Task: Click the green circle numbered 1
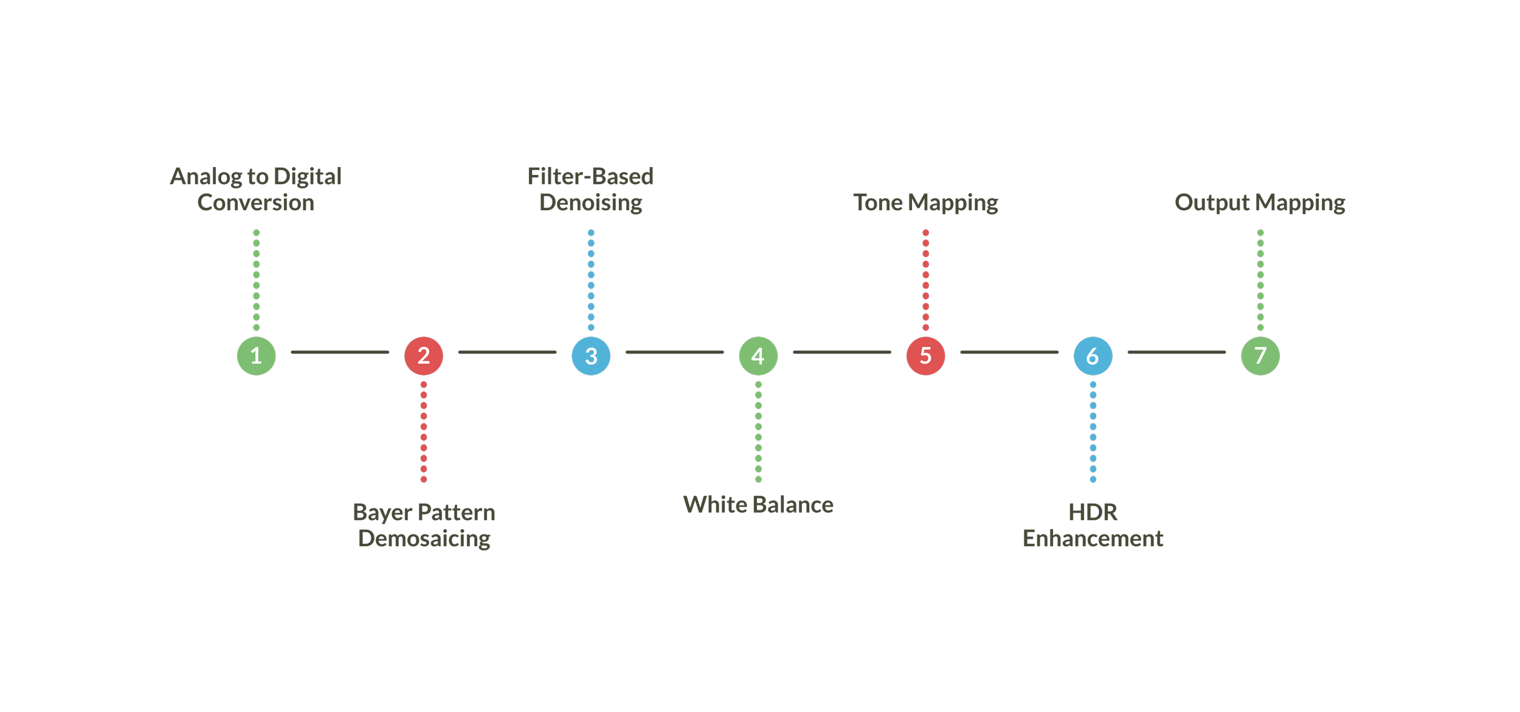[256, 355]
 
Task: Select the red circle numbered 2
[424, 355]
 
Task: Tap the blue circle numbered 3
[591, 355]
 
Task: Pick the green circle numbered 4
[758, 355]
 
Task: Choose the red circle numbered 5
[925, 355]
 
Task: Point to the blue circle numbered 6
[1093, 355]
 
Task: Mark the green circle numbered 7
[1260, 355]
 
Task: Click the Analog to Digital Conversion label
[256, 189]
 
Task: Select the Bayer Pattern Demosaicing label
[424, 525]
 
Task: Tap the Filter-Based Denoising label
[591, 189]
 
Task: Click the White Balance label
[758, 505]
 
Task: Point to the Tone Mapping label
[925, 202]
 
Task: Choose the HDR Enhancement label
[1093, 525]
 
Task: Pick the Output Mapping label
[1260, 202]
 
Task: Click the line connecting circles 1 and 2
[340, 352]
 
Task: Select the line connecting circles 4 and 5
[842, 352]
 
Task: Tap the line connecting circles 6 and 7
[1176, 352]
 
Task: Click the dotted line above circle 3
[591, 280]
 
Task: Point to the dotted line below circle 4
[758, 432]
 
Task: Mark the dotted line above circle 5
[925, 280]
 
